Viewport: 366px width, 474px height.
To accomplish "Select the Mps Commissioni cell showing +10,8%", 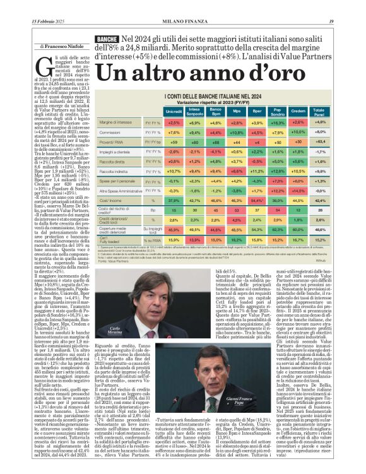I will (x=237, y=133).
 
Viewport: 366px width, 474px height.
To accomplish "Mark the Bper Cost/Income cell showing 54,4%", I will (x=257, y=199).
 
